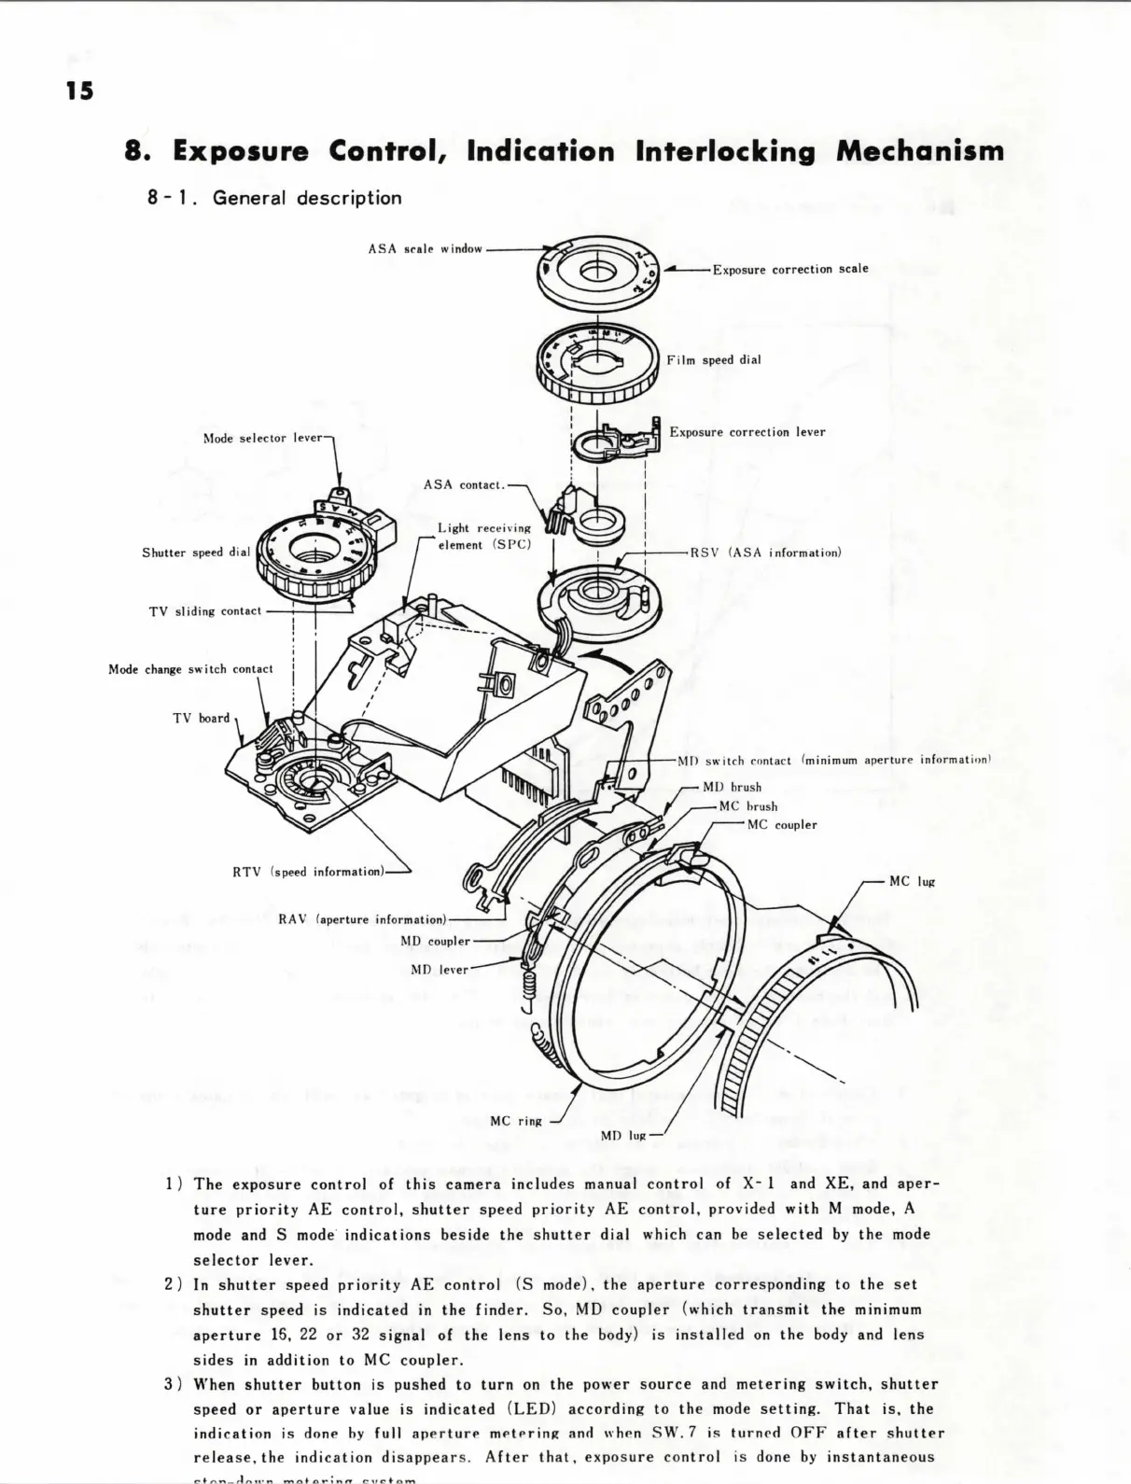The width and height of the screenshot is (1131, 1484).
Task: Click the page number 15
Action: click(79, 91)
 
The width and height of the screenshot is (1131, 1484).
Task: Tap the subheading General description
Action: click(307, 198)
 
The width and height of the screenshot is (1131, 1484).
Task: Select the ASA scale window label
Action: click(425, 249)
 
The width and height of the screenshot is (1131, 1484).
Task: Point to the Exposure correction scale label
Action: click(789, 269)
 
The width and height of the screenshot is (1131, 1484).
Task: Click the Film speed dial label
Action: click(713, 360)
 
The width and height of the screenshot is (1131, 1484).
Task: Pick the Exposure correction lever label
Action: click(747, 432)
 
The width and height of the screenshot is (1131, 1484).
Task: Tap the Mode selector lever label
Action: click(262, 438)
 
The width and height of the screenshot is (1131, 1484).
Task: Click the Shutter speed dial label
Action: click(196, 553)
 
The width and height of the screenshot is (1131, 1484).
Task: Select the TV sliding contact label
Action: click(204, 611)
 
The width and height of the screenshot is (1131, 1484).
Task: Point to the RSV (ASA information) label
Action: click(765, 553)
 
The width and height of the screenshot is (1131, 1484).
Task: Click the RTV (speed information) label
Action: click(308, 872)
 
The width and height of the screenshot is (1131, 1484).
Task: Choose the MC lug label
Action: click(912, 881)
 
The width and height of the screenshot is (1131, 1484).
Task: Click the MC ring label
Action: click(515, 1121)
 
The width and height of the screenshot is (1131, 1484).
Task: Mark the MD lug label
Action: click(623, 1136)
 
